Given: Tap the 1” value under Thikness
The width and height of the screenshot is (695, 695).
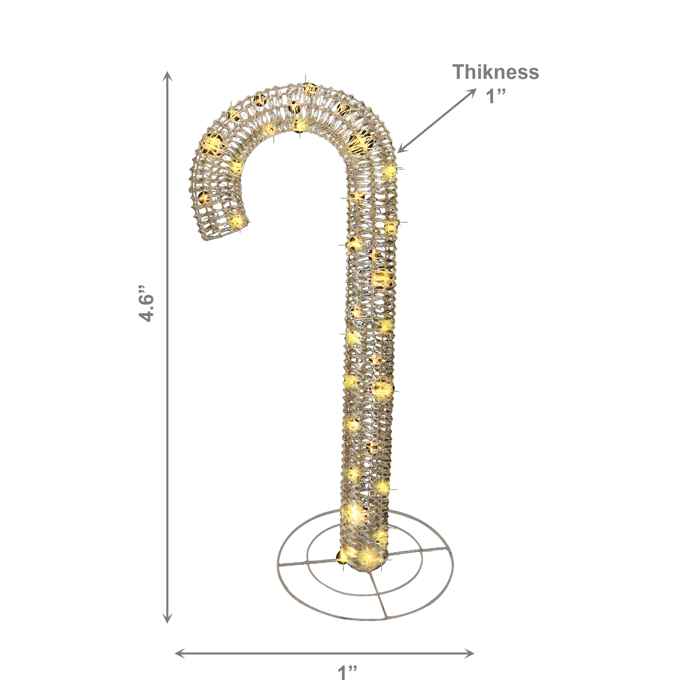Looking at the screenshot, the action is [x=496, y=96].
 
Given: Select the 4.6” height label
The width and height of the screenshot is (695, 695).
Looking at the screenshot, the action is [x=146, y=303].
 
